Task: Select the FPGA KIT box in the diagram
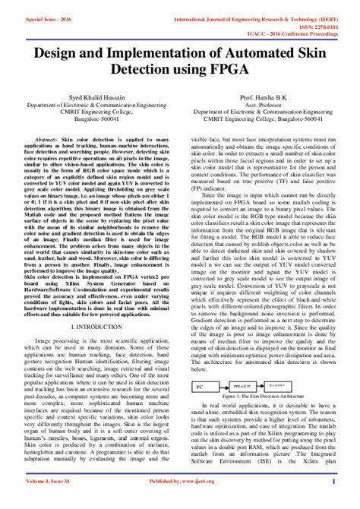click(244, 386)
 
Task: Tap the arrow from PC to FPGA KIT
click(220, 386)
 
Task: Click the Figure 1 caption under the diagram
click(270, 397)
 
